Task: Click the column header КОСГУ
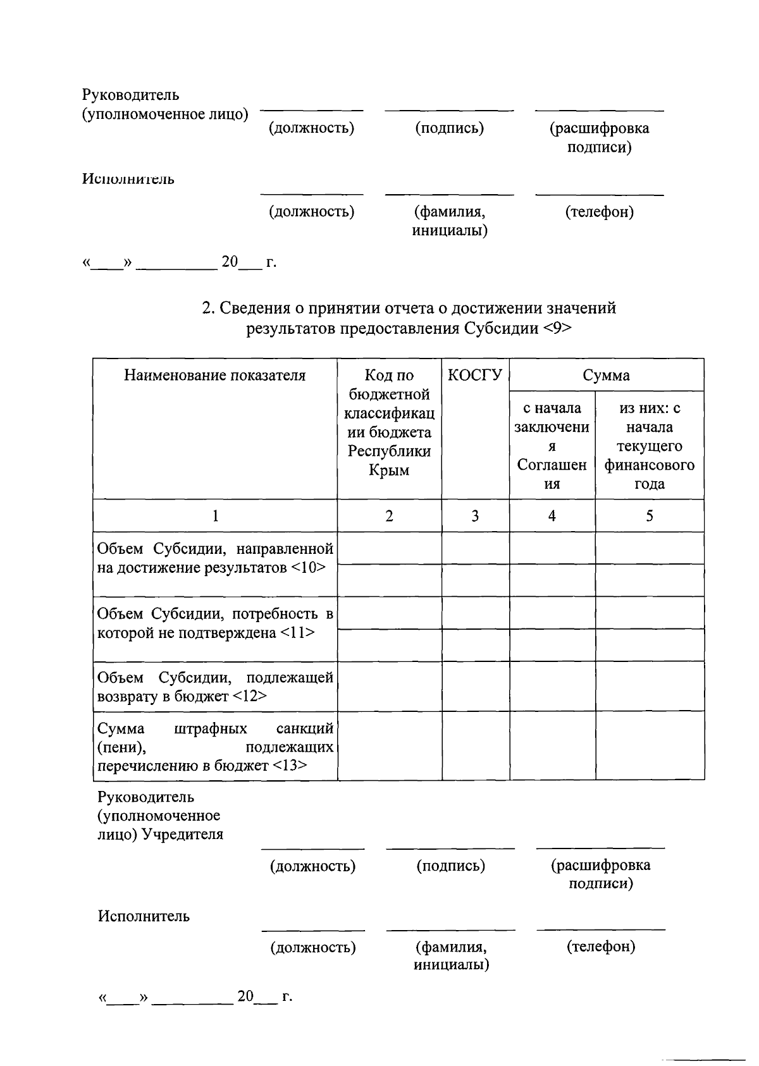coord(475,376)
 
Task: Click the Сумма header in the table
coord(606,376)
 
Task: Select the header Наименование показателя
coord(214,376)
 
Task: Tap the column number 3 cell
coord(475,516)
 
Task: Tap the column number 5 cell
coord(650,516)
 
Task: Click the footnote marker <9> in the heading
coord(557,329)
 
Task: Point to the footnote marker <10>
coord(309,568)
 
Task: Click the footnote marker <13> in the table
coord(291,766)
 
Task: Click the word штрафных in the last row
coord(210,729)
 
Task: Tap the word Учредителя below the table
coord(183,835)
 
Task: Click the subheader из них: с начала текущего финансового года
coord(650,446)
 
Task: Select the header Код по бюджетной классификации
coord(389,422)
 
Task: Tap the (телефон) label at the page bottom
coord(601,947)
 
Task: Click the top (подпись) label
coord(449,128)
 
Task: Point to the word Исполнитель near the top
coord(128,180)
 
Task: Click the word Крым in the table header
coord(389,470)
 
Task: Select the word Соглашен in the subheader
coord(552,465)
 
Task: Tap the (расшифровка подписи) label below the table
coord(600,874)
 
